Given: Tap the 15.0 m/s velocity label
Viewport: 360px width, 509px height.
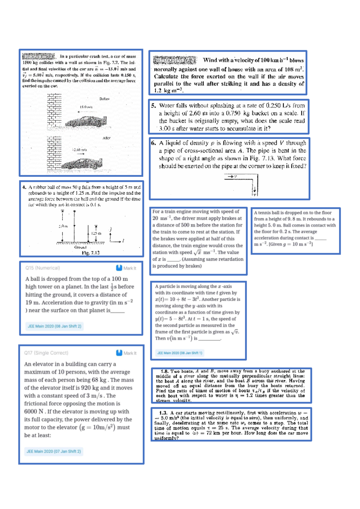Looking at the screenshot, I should click(86, 107).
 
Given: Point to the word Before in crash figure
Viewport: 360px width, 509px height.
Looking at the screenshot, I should click(104, 99).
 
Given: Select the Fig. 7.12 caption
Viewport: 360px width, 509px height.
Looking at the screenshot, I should click(91, 253).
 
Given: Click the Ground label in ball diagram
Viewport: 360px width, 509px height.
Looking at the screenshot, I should click(80, 247).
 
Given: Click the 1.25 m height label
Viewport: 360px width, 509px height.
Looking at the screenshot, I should click(96, 233).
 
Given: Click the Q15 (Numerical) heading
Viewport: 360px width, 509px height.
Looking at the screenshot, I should click(43, 268).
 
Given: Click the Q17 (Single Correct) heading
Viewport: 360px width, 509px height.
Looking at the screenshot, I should click(46, 353).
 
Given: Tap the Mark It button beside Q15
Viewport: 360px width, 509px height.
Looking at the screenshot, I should click(126, 268).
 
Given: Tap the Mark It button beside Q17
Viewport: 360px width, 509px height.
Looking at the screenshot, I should click(126, 353).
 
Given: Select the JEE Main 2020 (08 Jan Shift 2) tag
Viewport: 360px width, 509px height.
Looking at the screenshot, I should click(54, 326).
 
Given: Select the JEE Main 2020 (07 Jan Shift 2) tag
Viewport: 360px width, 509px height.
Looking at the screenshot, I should click(54, 451).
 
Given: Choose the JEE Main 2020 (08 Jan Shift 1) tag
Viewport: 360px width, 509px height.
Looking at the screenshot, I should click(179, 353).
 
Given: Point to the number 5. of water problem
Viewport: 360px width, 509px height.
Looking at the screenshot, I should click(154, 106).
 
